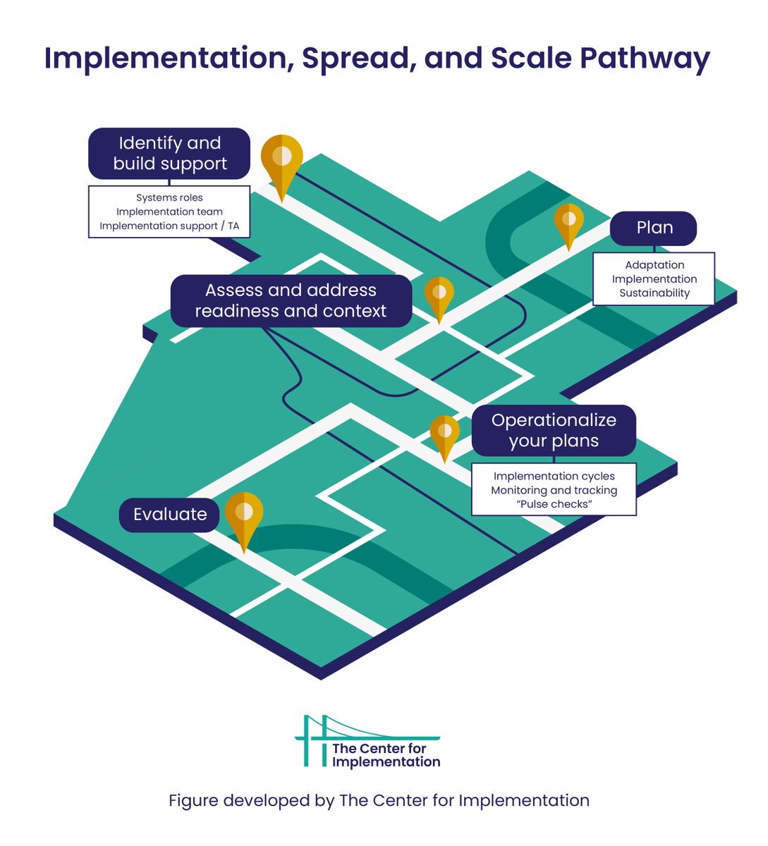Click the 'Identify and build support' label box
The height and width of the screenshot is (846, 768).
click(169, 154)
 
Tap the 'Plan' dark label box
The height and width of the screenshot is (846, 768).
click(654, 228)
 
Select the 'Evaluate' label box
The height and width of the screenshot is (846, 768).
click(170, 514)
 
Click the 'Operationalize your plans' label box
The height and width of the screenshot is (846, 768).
click(554, 430)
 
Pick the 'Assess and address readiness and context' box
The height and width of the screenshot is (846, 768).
click(291, 301)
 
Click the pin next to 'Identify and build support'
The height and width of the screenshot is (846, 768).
click(282, 159)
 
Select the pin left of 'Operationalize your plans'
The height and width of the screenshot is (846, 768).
click(444, 431)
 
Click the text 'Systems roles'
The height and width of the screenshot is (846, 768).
click(169, 198)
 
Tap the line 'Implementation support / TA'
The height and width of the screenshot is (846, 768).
click(169, 226)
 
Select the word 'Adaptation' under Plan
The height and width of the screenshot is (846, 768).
click(654, 265)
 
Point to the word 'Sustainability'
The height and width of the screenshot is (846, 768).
click(654, 293)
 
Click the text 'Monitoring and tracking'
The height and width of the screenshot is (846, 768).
click(554, 491)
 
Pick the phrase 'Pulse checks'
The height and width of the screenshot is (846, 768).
click(554, 505)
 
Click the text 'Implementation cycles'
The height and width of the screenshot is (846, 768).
click(554, 477)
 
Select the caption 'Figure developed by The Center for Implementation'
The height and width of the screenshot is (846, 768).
click(379, 801)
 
